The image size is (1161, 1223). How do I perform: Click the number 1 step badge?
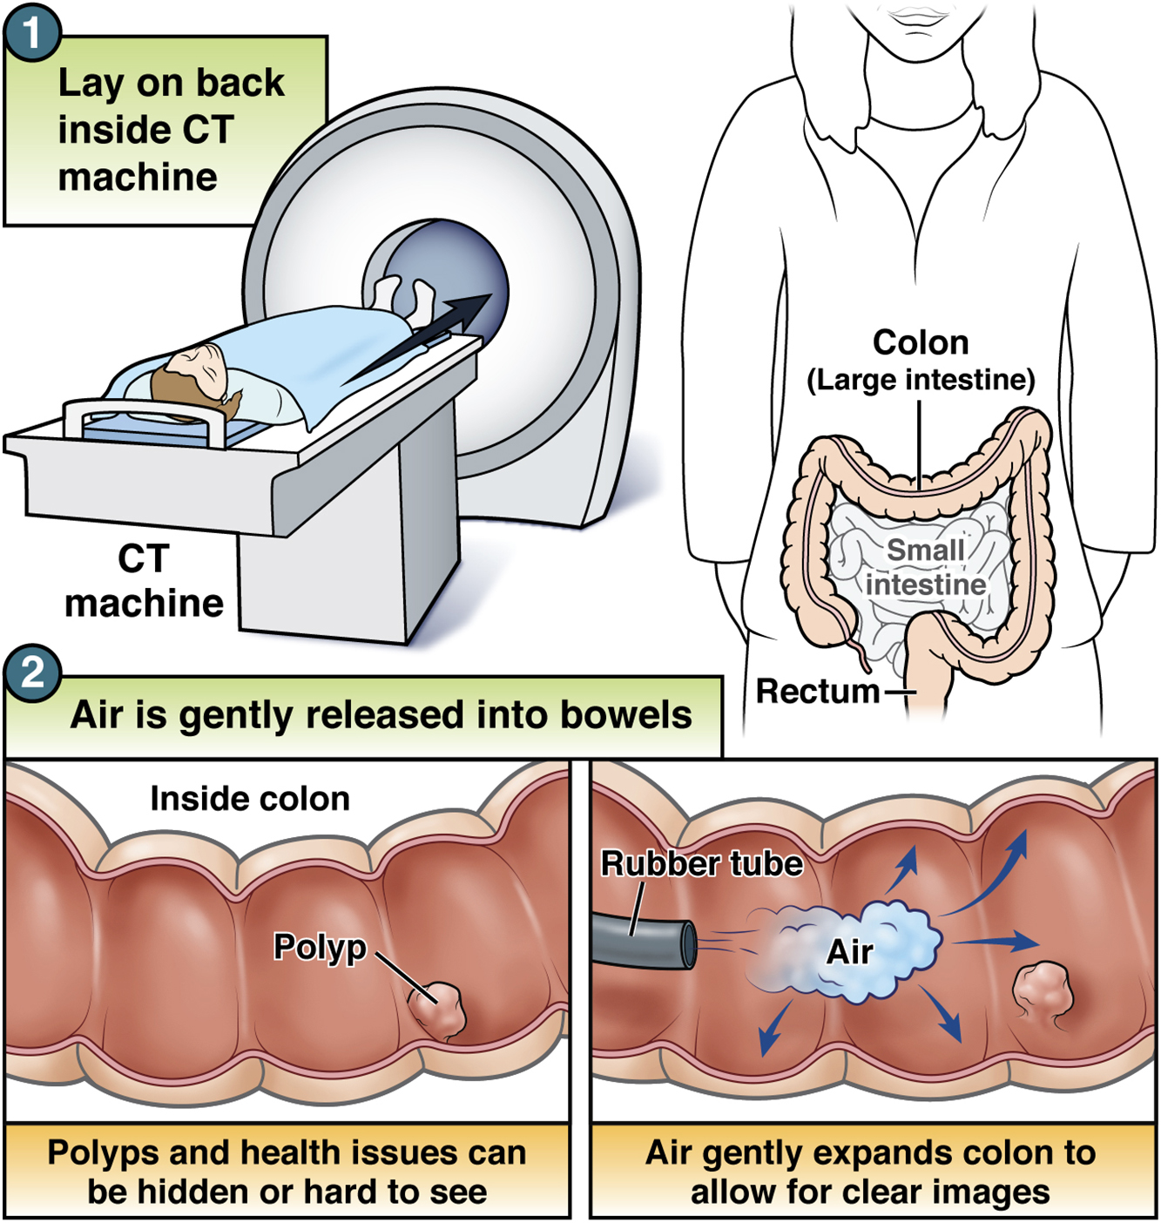[x=32, y=32]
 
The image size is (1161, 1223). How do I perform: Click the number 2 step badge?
[x=32, y=672]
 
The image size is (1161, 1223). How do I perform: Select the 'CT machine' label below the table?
[x=144, y=581]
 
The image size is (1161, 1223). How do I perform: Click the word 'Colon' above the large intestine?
[x=921, y=342]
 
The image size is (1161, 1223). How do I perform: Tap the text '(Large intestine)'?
[x=921, y=380]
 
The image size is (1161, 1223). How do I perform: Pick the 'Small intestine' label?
[x=925, y=566]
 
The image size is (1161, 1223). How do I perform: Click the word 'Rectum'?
[x=817, y=691]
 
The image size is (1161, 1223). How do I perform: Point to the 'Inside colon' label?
[x=250, y=798]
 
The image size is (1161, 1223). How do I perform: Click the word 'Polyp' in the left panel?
[x=320, y=947]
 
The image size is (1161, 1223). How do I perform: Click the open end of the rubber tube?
[x=689, y=944]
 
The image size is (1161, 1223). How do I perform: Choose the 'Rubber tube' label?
[x=701, y=863]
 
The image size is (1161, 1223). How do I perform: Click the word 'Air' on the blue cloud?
[x=849, y=951]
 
